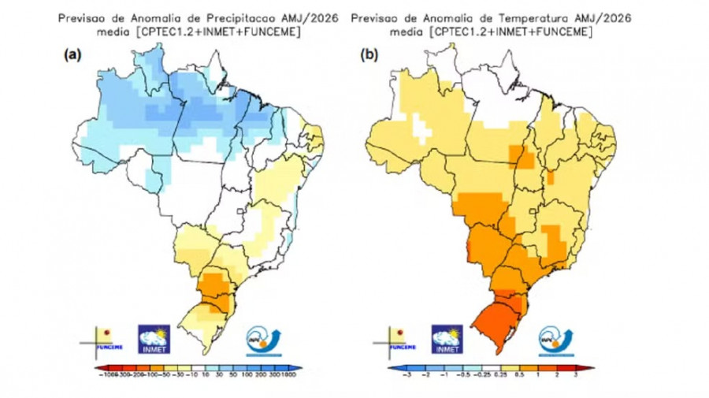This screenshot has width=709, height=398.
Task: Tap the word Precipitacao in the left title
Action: point(232,16)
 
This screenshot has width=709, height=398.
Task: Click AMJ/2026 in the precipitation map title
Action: point(305,16)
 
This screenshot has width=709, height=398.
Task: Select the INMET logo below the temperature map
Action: point(447,338)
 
